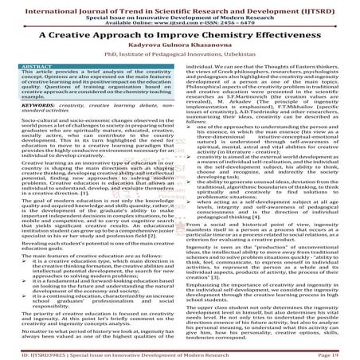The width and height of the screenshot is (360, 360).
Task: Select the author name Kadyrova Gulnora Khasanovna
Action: pos(179,49)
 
